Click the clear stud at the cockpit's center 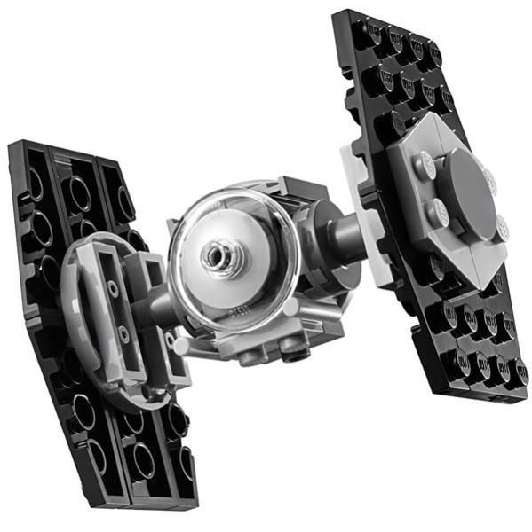pyautogui.click(x=216, y=256)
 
